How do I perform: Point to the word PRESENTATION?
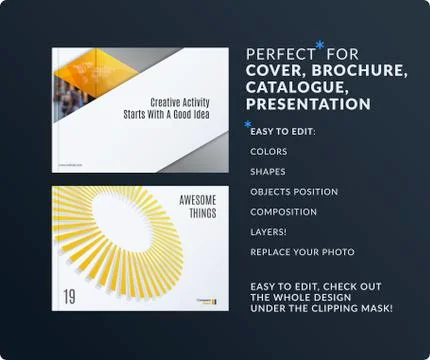pos(308,104)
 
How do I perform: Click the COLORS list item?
pos(269,152)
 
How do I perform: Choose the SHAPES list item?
pos(268,171)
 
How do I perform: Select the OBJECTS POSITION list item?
pos(294,191)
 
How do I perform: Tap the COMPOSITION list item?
pos(284,212)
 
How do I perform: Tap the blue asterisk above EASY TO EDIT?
pos(248,123)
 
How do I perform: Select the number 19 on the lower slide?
pos(69,296)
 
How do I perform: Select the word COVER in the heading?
pos(274,69)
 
